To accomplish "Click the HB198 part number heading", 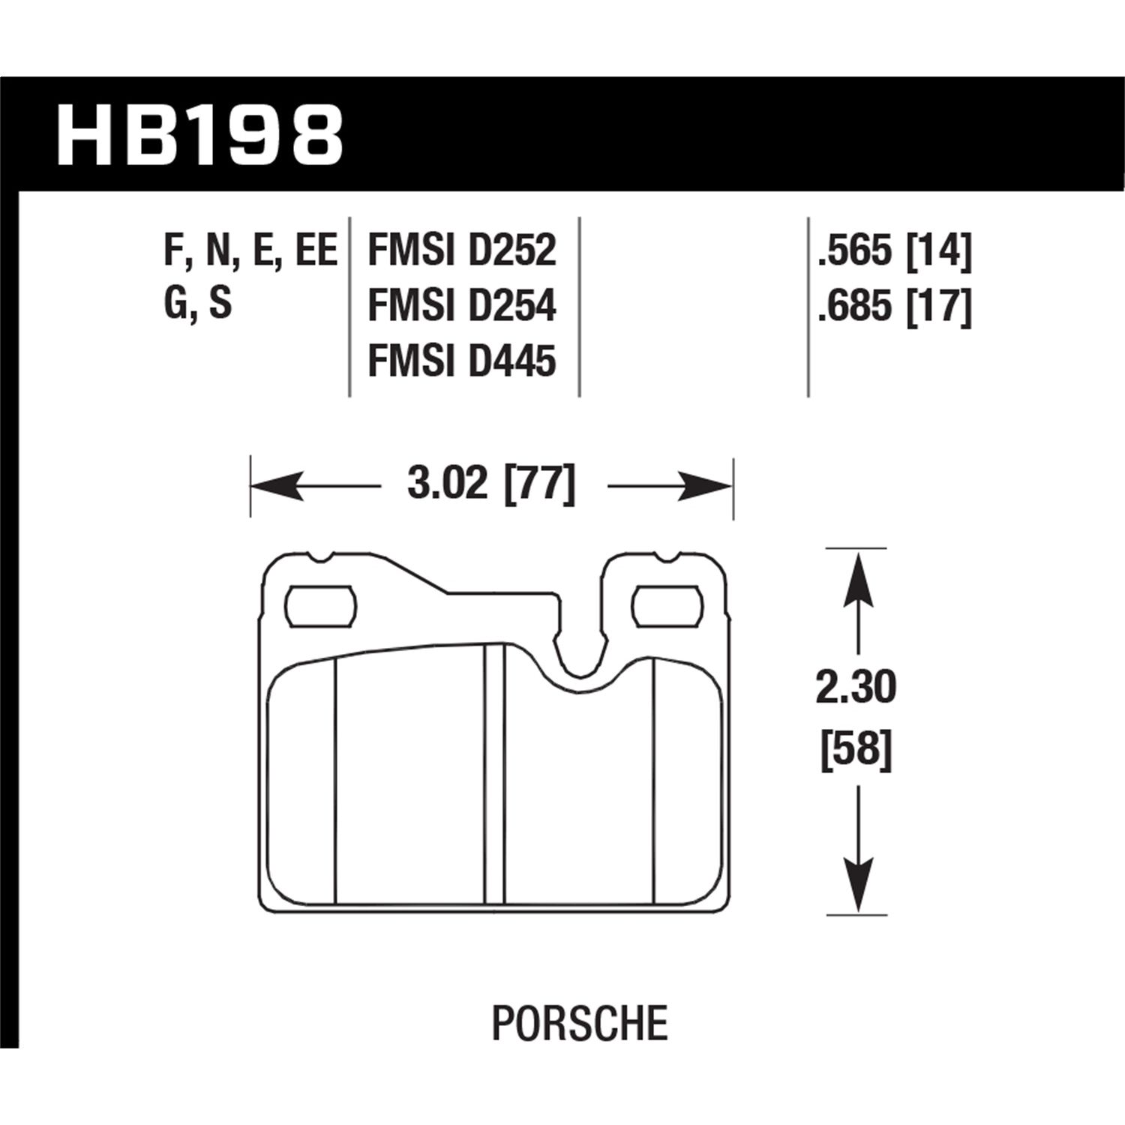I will tap(199, 135).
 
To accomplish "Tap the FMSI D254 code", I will tap(461, 306).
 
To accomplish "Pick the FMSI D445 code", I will tap(461, 361).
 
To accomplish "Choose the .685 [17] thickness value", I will tap(894, 306).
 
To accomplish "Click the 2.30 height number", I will tap(856, 687).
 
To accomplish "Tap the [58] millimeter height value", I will tap(856, 748).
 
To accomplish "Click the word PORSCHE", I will tap(580, 1023).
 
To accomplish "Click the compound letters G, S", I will tap(198, 304).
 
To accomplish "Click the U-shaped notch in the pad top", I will tap(580, 652).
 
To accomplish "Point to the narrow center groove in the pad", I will tap(494, 772).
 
